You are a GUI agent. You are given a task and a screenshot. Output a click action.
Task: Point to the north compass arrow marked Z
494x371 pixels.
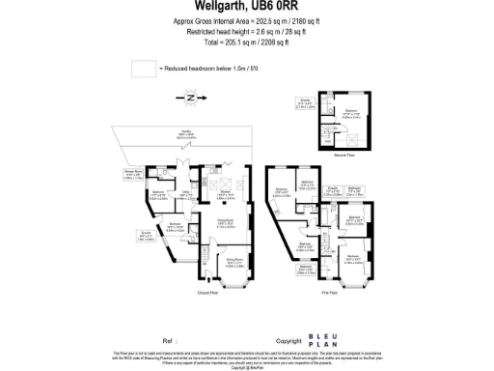[x=190, y=98]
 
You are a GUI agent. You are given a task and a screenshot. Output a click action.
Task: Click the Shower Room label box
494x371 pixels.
[x=133, y=175]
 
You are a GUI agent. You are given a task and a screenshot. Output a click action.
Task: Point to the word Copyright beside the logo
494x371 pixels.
[x=289, y=341]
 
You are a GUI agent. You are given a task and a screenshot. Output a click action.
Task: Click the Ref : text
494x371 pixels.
[x=171, y=341]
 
